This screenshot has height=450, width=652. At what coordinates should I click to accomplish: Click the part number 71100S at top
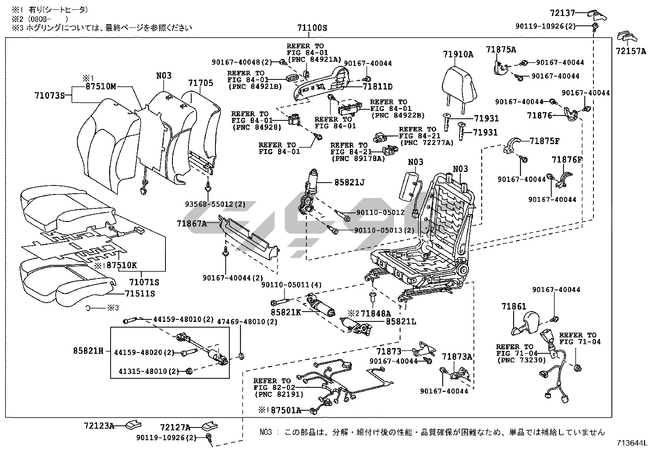312,28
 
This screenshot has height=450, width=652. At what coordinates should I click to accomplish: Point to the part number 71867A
192,224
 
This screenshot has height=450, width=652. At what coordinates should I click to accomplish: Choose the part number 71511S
140,294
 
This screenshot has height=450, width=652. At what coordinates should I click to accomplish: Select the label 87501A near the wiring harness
286,410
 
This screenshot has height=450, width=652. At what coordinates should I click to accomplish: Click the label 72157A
631,51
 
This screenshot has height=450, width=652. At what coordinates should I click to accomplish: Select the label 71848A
376,314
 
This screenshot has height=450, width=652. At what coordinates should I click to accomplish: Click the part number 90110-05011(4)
292,285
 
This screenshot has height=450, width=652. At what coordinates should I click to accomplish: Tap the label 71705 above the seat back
201,83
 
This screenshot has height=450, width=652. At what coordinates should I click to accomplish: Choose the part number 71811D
378,86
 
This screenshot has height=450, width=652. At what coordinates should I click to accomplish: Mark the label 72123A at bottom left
99,426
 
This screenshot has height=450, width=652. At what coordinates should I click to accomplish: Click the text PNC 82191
279,394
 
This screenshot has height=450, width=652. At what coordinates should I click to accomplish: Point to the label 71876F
567,160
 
